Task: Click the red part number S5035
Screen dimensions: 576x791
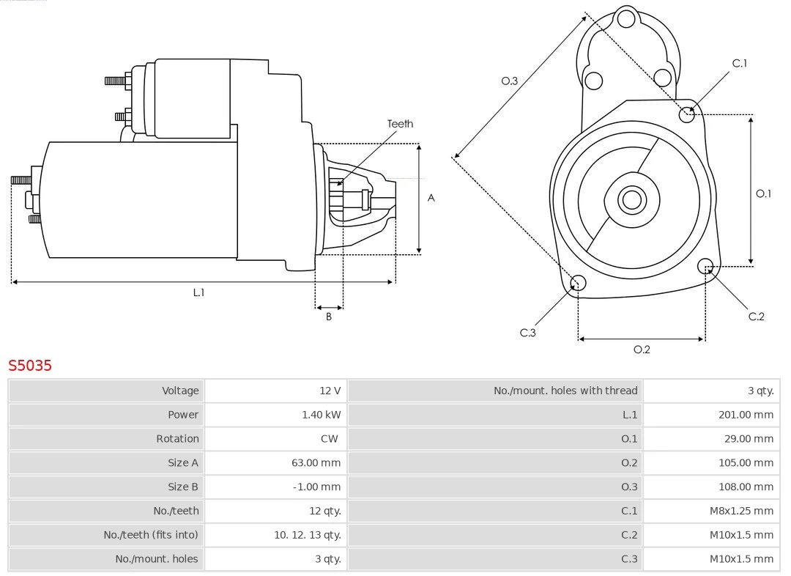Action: (x=30, y=365)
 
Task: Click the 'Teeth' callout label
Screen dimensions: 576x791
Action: (x=400, y=124)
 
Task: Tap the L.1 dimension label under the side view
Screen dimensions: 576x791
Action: (x=198, y=292)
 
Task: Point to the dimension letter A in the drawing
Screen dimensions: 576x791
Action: (x=431, y=198)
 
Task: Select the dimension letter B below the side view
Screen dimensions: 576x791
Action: (x=329, y=317)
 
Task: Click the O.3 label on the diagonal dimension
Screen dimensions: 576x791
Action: (x=509, y=81)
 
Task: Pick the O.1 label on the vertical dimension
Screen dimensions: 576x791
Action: (x=763, y=193)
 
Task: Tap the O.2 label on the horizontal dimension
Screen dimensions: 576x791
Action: (x=642, y=350)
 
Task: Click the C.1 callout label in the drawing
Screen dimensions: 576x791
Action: (x=740, y=64)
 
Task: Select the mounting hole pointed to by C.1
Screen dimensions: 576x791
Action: (x=686, y=114)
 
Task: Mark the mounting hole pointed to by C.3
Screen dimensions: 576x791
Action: (x=578, y=284)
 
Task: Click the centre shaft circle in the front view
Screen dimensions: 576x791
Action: (x=631, y=199)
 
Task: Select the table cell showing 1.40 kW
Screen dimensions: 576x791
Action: (x=321, y=415)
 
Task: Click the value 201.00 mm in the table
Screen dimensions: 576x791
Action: (x=746, y=415)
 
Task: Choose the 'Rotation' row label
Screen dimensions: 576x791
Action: (x=177, y=439)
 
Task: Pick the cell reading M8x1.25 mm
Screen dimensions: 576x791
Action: (x=740, y=511)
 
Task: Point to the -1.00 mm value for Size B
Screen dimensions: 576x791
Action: (x=316, y=487)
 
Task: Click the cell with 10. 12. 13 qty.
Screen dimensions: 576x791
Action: (x=307, y=535)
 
